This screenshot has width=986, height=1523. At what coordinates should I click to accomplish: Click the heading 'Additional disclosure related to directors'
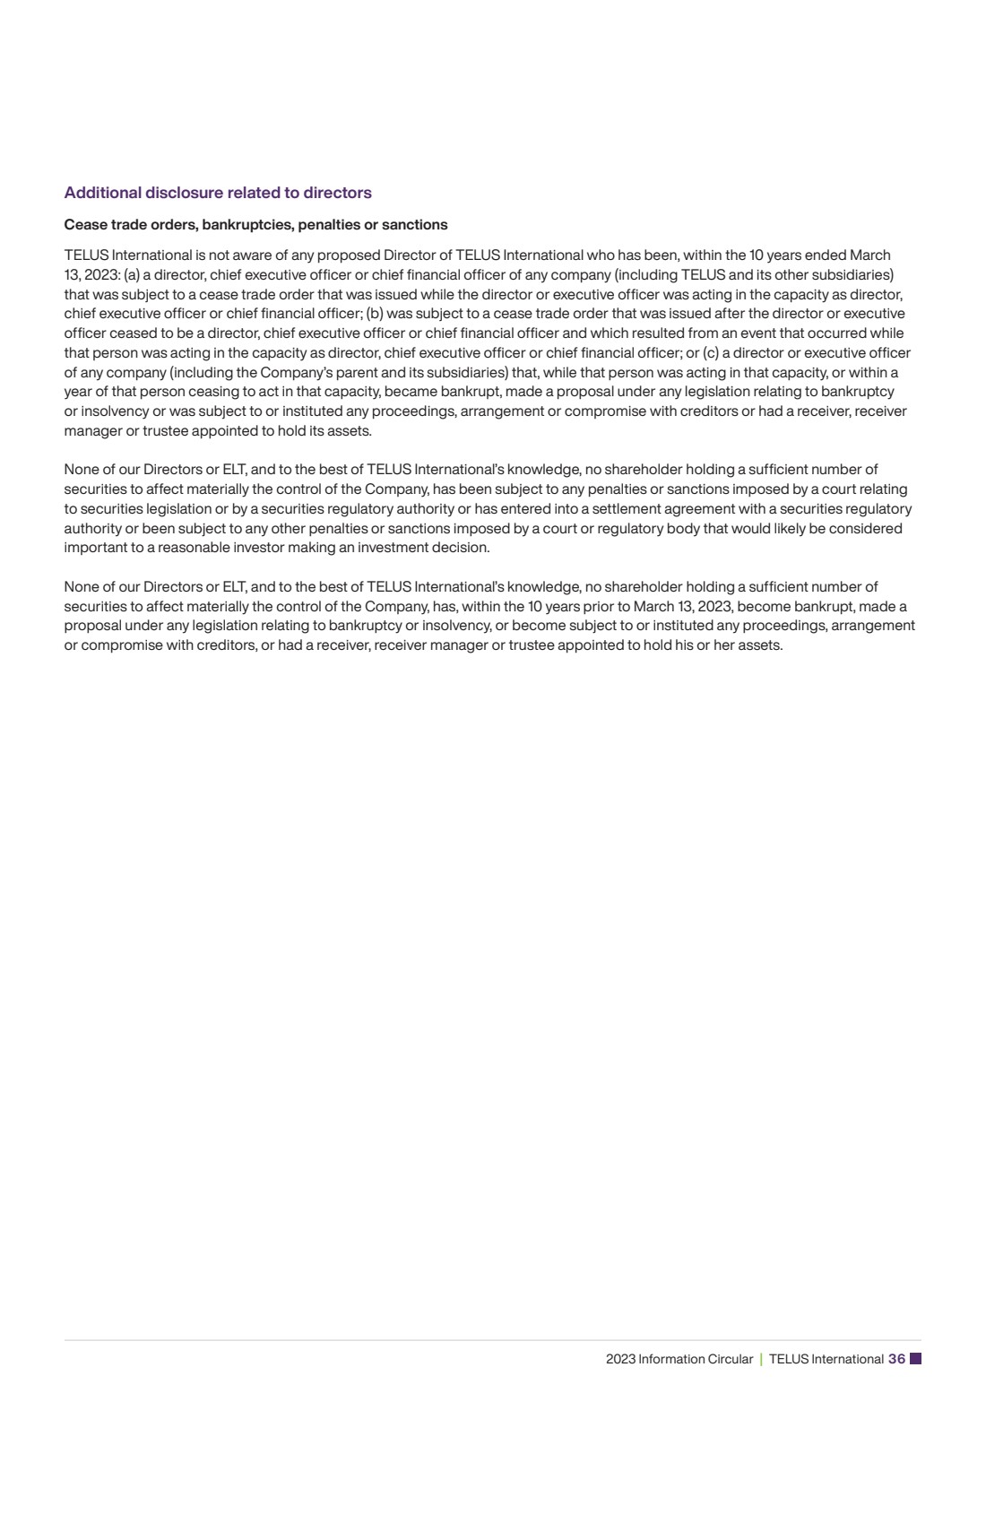(218, 193)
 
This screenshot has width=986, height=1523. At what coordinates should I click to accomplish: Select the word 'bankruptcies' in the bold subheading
(243, 224)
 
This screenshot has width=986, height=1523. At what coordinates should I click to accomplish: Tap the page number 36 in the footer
(896, 1359)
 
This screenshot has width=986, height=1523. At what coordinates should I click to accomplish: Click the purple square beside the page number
(915, 1359)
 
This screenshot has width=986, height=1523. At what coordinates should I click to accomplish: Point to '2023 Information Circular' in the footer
(679, 1359)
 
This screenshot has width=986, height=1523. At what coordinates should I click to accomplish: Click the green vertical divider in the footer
(761, 1359)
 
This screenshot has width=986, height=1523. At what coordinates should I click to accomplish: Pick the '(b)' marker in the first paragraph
(375, 314)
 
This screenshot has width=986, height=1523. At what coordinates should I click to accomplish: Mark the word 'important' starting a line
(94, 548)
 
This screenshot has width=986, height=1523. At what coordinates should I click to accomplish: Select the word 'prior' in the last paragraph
(601, 606)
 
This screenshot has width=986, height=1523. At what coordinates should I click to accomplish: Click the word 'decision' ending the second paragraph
(462, 548)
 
